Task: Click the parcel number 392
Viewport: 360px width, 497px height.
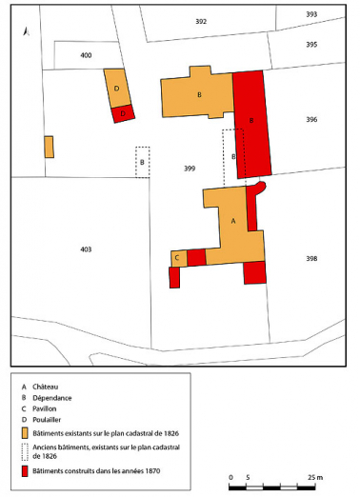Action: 200,21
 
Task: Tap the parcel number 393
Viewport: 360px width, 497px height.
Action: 311,14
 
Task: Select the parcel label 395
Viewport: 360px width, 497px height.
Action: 311,45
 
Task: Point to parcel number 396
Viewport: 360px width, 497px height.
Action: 311,119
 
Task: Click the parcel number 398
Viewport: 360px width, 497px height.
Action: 311,258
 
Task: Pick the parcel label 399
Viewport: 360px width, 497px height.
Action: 189,168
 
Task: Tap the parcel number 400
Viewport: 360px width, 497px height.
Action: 86,56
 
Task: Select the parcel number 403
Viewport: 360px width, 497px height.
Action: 86,248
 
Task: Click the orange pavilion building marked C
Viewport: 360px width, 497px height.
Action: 178,258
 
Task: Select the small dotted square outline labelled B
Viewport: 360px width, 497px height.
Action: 143,162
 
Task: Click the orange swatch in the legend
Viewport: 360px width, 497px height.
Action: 26,431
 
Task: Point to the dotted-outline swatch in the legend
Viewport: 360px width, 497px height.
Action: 26,449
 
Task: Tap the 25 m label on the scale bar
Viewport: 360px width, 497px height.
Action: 315,476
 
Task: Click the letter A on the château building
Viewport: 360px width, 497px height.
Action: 233,220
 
